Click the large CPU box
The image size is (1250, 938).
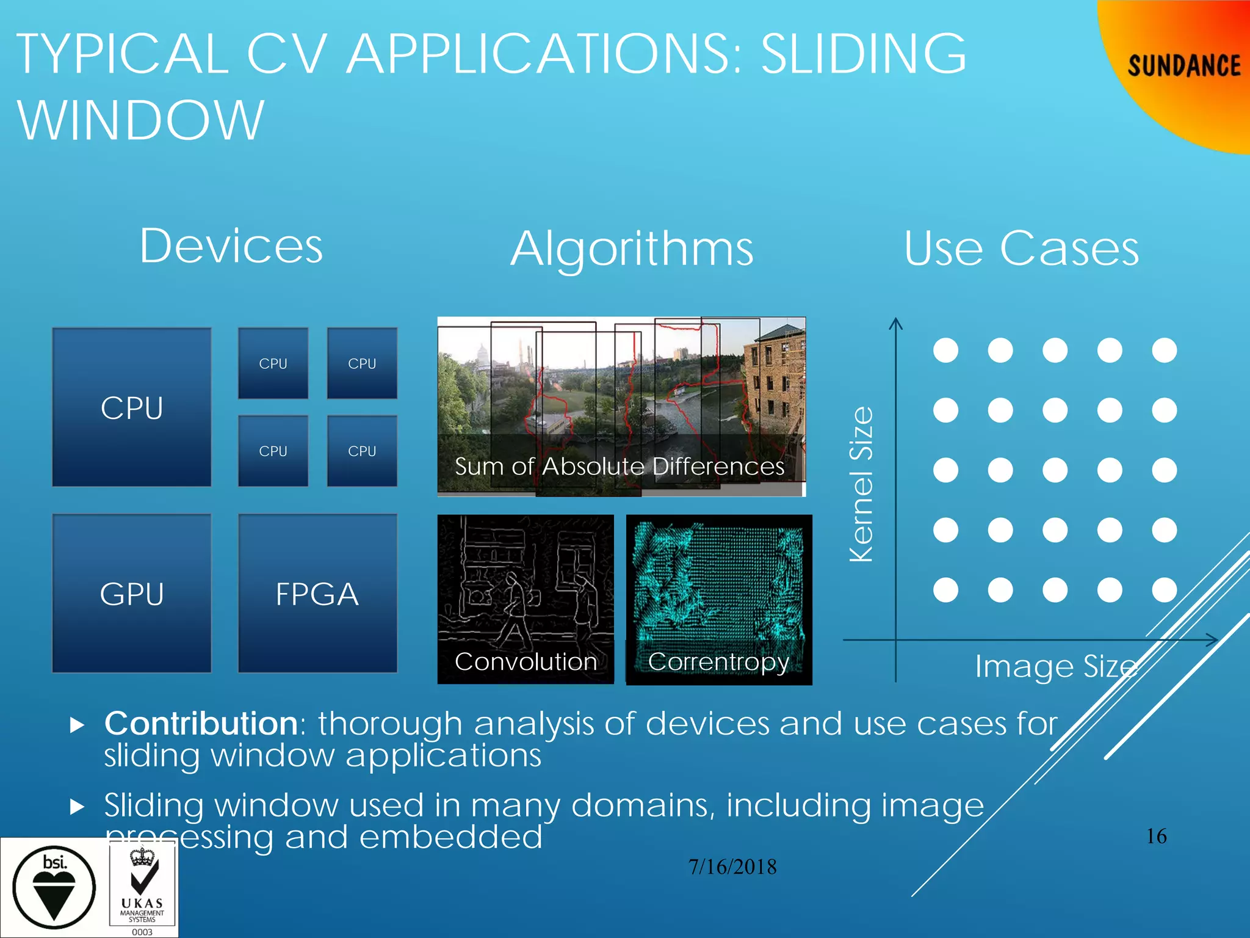click(x=132, y=407)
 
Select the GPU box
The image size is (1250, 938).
click(x=132, y=594)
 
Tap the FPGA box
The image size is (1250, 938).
click(x=317, y=594)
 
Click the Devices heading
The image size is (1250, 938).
click(x=231, y=245)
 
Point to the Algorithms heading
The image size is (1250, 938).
click(x=632, y=249)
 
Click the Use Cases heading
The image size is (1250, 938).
click(x=1021, y=249)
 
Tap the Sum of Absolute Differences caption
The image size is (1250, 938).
click(x=619, y=467)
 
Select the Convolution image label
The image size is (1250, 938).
click(x=526, y=662)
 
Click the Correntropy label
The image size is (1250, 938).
click(x=718, y=662)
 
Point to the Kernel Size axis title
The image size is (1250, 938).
click(x=862, y=484)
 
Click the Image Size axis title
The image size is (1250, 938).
click(x=1056, y=666)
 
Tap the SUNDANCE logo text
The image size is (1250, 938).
click(x=1183, y=66)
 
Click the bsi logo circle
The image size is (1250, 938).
click(x=54, y=887)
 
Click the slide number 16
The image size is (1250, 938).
click(x=1156, y=836)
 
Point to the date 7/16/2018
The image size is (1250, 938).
click(x=732, y=867)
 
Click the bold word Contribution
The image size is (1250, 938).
click(x=201, y=724)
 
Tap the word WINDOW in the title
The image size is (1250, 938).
click(x=141, y=120)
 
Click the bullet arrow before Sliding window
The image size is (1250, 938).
click(x=77, y=807)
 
